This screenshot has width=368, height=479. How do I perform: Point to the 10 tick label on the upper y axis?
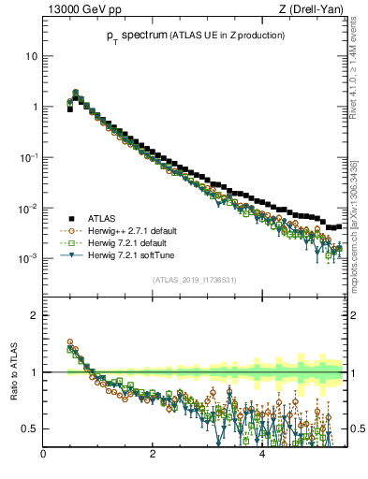[31, 56]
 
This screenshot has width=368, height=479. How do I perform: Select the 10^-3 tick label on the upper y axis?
[28, 257]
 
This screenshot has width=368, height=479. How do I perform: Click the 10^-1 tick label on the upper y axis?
[28, 156]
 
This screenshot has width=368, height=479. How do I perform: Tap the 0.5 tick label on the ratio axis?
[29, 428]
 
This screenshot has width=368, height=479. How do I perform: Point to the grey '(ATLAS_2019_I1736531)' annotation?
[195, 280]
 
